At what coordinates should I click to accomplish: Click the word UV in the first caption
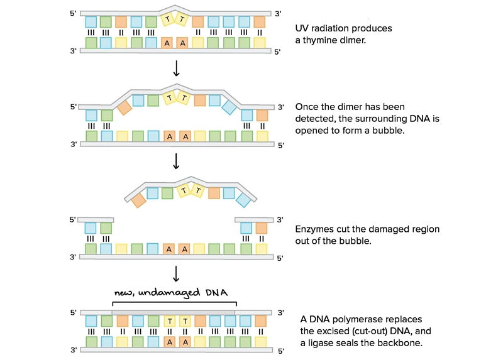[x=302, y=28]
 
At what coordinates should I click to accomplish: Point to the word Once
[x=305, y=107]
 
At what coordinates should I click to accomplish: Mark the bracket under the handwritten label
[x=175, y=302]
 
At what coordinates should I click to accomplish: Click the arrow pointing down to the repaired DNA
[x=176, y=273]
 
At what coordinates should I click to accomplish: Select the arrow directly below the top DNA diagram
[x=176, y=68]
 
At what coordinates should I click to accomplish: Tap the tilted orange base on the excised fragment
[x=138, y=200]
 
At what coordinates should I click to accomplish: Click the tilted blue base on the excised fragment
[x=243, y=200]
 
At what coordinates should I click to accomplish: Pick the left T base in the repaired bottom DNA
[x=170, y=321]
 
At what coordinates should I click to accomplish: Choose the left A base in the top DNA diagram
[x=167, y=43]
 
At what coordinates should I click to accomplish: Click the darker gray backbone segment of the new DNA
[x=174, y=312]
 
